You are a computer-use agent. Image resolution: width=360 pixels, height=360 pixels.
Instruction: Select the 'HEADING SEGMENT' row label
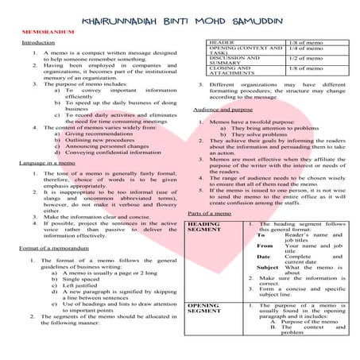203,228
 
